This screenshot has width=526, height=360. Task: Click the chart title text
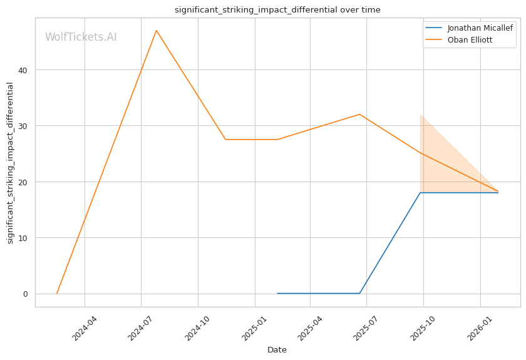(277, 10)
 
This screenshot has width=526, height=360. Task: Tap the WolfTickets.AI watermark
(81, 37)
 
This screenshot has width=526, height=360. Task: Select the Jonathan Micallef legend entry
(469, 28)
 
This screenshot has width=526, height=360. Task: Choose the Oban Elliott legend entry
(458, 40)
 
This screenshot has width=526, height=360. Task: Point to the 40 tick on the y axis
(23, 70)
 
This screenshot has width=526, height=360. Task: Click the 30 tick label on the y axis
(23, 126)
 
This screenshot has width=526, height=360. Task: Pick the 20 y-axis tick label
(23, 182)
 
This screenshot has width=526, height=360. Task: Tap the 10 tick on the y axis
(23, 238)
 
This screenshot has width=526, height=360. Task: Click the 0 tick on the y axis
(26, 294)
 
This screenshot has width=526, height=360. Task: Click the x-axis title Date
(277, 350)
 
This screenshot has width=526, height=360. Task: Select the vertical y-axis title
(10, 163)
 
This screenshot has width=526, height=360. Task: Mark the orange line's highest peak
(157, 31)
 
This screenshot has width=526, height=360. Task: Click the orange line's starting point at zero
(57, 294)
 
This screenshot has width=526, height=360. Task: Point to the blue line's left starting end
(277, 293)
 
